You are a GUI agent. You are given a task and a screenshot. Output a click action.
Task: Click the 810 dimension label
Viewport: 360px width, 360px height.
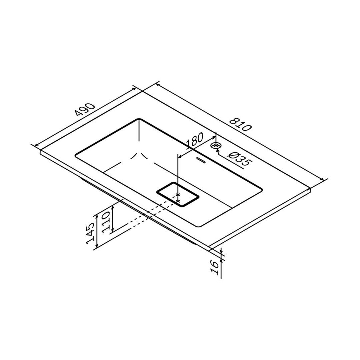tap(241, 124)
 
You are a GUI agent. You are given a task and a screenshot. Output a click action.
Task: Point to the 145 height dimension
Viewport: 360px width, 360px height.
tap(90, 233)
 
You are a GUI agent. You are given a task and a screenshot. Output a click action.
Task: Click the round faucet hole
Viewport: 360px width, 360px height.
tap(216, 145)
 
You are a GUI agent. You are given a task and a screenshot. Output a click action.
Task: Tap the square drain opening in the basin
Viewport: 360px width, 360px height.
tap(177, 194)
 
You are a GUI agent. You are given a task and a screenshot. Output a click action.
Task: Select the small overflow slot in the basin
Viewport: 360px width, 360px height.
tap(202, 160)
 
